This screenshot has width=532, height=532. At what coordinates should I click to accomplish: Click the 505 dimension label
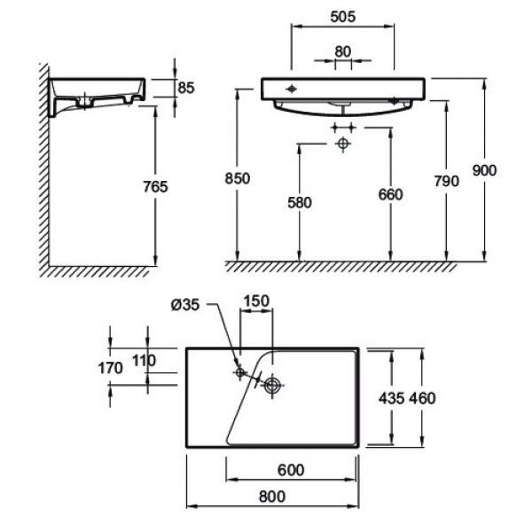pos(342,17)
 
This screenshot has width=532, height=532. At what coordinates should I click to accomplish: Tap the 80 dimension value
pos(342,52)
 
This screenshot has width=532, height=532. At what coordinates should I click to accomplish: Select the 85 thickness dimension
pos(186,88)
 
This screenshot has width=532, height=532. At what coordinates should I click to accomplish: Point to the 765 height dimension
pos(155,186)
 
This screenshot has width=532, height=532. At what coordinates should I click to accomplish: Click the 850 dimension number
pos(237,178)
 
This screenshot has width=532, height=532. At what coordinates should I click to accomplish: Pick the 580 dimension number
pos(300,203)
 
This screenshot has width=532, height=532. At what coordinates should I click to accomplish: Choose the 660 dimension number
pos(390,195)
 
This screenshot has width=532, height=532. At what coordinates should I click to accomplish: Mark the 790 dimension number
pos(447,181)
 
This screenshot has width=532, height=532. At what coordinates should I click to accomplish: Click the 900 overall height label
pos(484,170)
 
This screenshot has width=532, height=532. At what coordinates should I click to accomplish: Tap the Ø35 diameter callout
pos(185,305)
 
